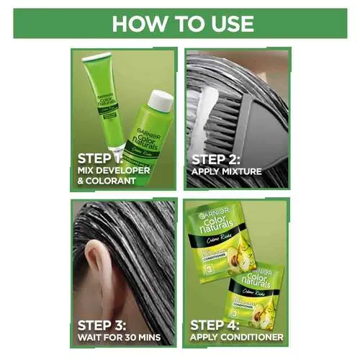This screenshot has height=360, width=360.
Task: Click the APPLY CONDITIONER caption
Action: click(x=237, y=336)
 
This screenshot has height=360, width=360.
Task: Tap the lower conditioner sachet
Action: click(x=255, y=288)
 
